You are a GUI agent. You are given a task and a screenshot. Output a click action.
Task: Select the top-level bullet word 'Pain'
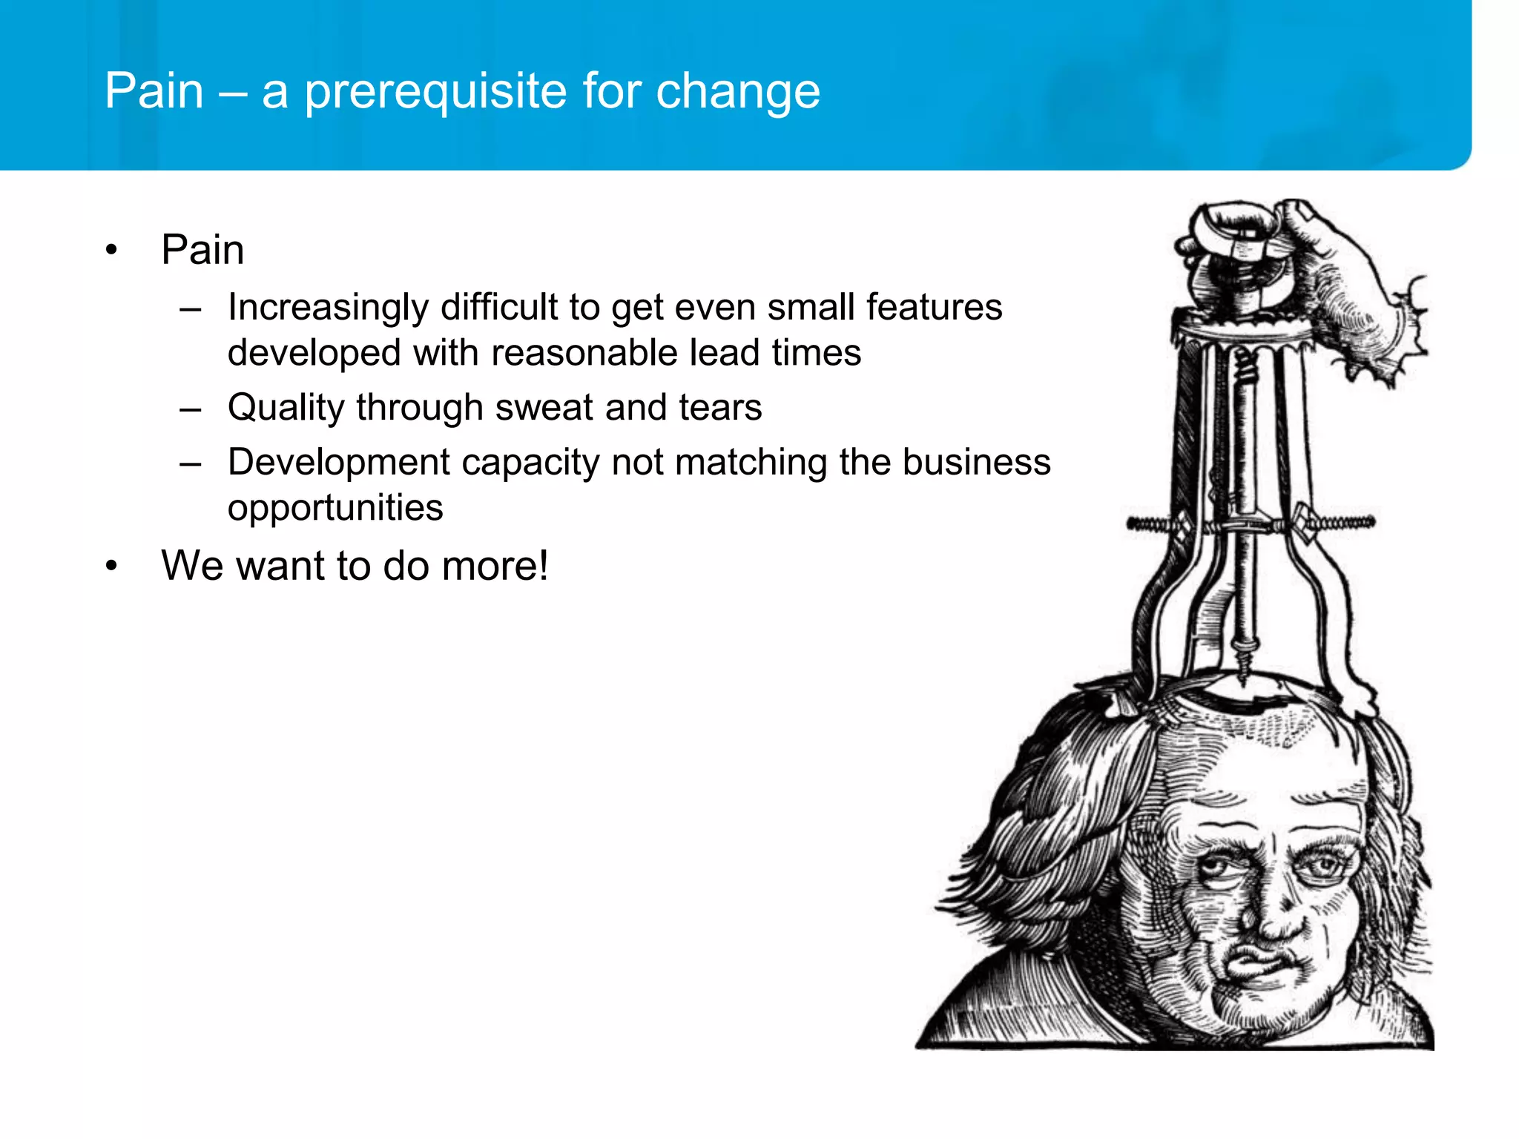(x=202, y=250)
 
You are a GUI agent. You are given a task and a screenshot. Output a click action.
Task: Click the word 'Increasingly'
(x=328, y=308)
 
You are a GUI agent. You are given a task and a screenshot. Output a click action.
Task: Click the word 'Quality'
(x=285, y=408)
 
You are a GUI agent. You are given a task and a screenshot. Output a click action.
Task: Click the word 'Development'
(x=339, y=463)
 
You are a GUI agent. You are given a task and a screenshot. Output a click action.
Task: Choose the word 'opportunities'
(x=335, y=508)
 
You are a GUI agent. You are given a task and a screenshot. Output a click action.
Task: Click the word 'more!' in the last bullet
(x=496, y=566)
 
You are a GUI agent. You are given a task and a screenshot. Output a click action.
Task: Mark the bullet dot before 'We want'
(x=111, y=567)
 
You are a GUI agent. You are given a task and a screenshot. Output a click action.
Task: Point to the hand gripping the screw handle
(x=1335, y=274)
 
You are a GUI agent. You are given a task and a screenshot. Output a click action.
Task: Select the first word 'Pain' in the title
(x=154, y=92)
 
